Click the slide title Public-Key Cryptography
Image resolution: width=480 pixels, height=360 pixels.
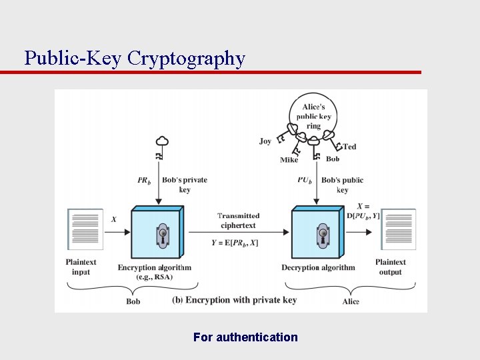[135, 58]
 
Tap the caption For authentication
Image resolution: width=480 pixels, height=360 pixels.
[245, 337]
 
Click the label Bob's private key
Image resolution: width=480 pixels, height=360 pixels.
[185, 185]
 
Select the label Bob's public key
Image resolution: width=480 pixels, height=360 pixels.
[342, 185]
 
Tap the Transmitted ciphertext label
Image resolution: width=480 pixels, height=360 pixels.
[238, 220]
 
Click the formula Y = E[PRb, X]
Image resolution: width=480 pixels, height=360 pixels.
[235, 243]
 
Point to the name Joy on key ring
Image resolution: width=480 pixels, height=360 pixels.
[265, 141]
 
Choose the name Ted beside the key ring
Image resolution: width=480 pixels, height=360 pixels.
[349, 147]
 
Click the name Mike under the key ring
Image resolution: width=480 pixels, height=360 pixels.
[289, 160]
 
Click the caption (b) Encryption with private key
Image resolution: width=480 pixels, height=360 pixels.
[234, 300]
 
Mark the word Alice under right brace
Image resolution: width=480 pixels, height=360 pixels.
[351, 301]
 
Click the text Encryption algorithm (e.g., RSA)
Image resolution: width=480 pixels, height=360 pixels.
[154, 272]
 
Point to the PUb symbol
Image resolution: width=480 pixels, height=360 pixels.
[305, 180]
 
